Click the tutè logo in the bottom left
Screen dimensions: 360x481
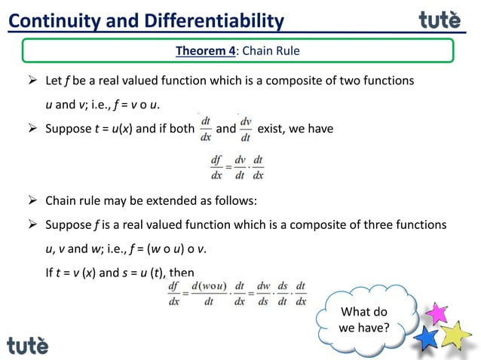click(28, 346)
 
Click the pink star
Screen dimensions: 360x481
click(436, 313)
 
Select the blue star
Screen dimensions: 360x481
click(427, 337)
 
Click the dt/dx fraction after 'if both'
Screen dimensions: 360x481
click(205, 129)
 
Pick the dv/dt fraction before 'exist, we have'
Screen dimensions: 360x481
click(246, 129)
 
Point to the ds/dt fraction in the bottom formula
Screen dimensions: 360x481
click(283, 293)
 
